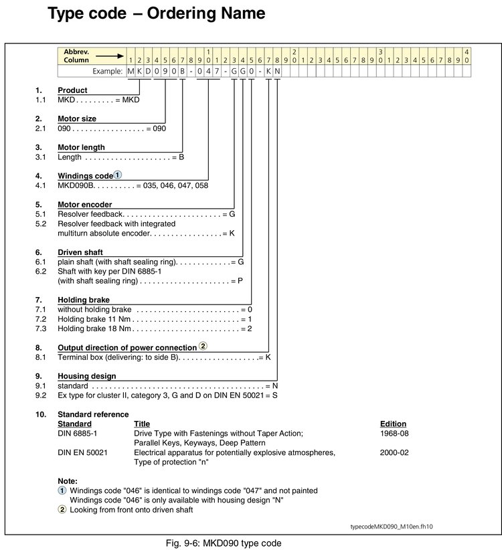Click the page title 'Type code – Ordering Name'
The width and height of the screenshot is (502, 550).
tap(156, 13)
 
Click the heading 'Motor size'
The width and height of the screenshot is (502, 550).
tap(77, 118)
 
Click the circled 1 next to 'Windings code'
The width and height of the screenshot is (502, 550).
tap(117, 175)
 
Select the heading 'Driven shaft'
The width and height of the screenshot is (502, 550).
tap(80, 252)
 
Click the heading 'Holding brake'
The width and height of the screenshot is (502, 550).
tap(83, 300)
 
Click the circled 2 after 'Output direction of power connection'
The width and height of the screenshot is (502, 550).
tap(203, 347)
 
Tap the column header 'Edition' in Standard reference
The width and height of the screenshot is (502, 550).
tap(393, 424)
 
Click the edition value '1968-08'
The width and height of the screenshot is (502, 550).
tap(394, 434)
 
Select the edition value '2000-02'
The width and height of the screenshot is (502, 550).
tap(394, 453)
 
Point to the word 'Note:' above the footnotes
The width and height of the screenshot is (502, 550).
tap(68, 481)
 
